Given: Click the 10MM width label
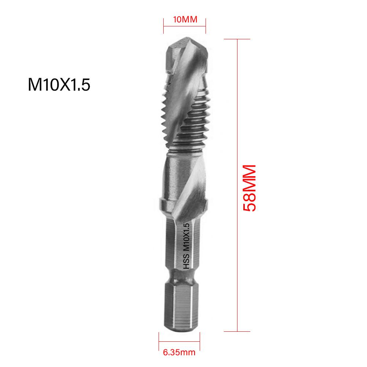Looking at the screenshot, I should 185,20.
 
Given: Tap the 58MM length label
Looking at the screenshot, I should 249,188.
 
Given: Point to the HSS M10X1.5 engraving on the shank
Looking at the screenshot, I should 186,246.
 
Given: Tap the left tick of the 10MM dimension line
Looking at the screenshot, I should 164,26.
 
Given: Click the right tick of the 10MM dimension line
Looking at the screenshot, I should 206,26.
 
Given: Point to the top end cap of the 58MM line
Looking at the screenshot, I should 238,39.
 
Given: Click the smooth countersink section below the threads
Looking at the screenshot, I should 183,172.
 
